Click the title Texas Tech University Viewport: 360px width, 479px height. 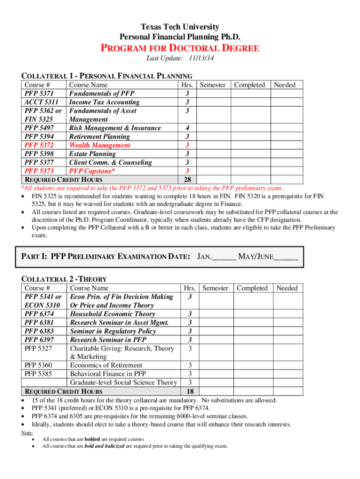[x=180, y=27]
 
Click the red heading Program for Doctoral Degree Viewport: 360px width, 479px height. [x=180, y=48]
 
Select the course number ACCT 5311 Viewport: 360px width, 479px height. [x=42, y=102]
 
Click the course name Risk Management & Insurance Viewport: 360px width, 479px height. [x=115, y=128]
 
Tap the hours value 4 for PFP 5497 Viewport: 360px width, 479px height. [x=187, y=128]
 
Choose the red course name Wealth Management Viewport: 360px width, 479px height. [x=100, y=145]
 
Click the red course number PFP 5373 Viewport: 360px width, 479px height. [x=39, y=171]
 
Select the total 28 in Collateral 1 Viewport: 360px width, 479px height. [x=187, y=180]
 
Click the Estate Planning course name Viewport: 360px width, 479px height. [x=93, y=153]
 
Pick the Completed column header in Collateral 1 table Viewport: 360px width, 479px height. [x=249, y=85]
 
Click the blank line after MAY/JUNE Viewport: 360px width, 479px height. [x=286, y=257]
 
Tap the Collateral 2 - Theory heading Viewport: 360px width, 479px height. [x=65, y=279]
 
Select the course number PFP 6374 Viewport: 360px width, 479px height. [x=39, y=314]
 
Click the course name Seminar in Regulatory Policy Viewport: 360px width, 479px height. [x=113, y=331]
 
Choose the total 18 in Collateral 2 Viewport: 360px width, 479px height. [x=190, y=391]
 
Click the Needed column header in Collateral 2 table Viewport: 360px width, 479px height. [x=287, y=288]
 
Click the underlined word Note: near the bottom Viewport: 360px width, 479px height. [x=27, y=433]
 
